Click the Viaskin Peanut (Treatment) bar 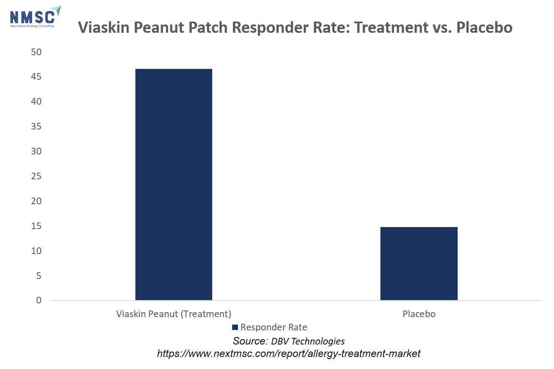click(x=174, y=184)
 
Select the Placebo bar click(x=419, y=264)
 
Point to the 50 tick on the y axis click(x=36, y=52)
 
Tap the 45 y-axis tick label click(x=36, y=77)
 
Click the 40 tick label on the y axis click(x=36, y=102)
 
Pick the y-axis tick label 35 click(x=36, y=127)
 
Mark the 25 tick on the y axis click(x=36, y=176)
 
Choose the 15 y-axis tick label click(x=36, y=226)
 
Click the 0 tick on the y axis click(x=39, y=300)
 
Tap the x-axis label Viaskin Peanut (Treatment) click(x=174, y=314)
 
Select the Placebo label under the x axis click(x=419, y=314)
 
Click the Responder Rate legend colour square click(x=235, y=327)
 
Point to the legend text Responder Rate click(x=274, y=327)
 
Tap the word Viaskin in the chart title click(x=104, y=27)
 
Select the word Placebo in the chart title click(x=484, y=27)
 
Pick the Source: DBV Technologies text click(x=289, y=341)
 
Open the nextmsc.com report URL click(x=289, y=354)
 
